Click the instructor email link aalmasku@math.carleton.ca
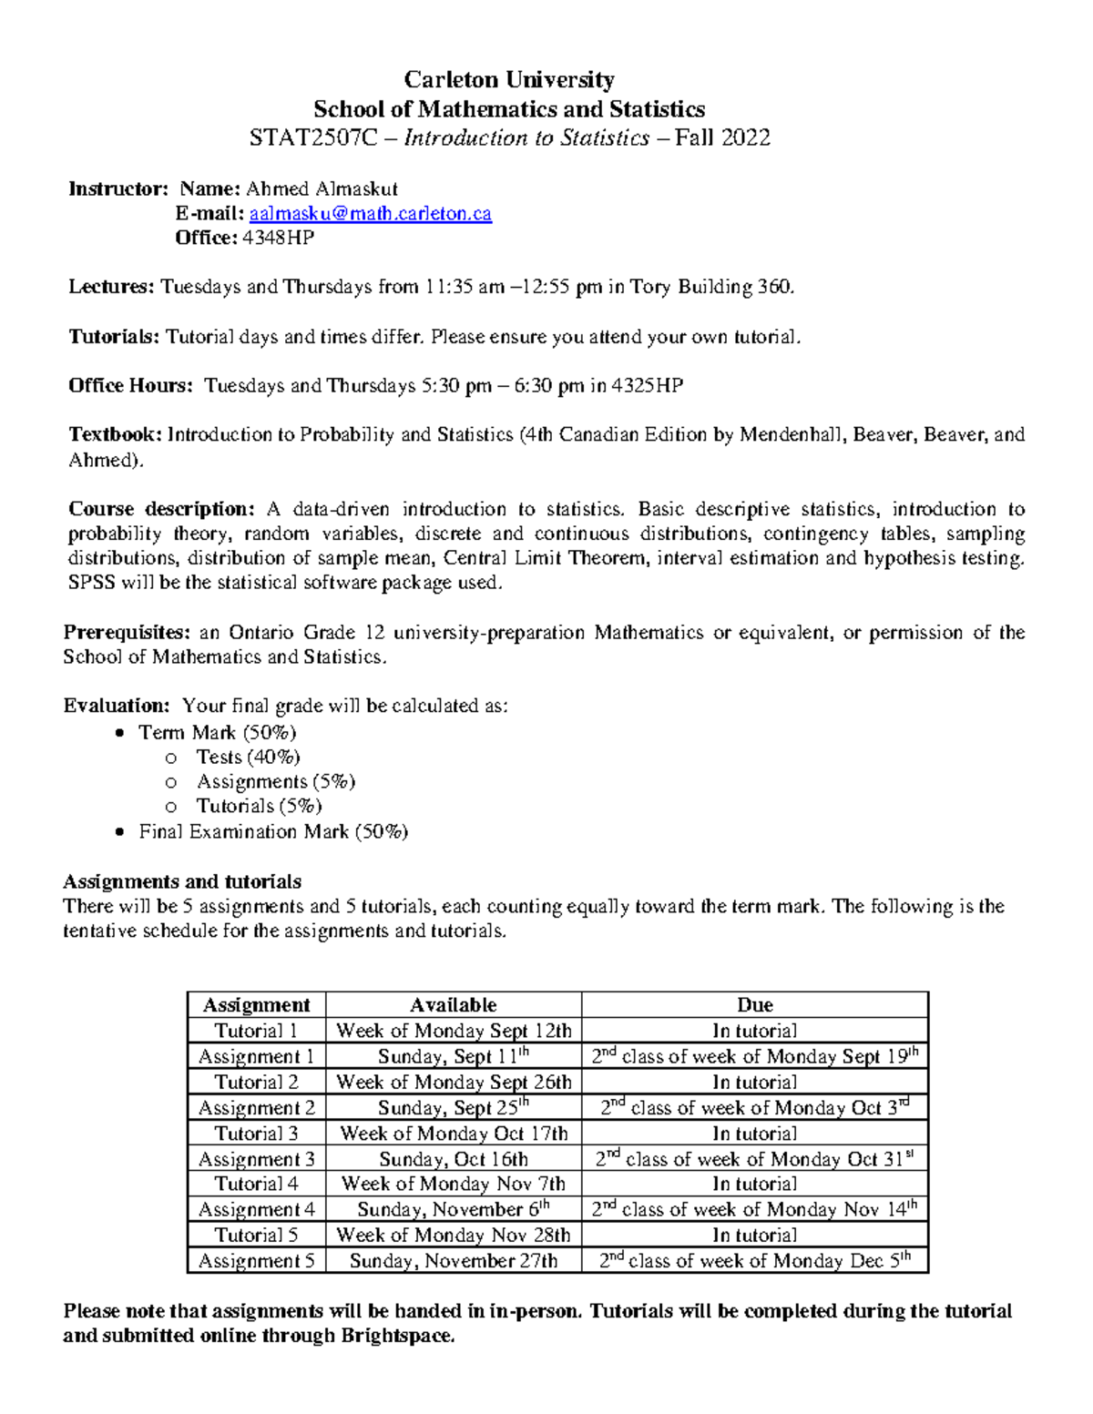pos(370,213)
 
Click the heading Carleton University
pos(509,79)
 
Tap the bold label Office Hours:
pos(130,385)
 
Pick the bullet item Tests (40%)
pos(248,757)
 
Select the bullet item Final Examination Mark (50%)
pos(272,831)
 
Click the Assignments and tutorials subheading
pos(181,881)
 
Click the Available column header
pos(453,1005)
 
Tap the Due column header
pos(754,1005)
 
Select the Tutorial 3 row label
pos(256,1134)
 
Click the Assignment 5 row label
pos(256,1261)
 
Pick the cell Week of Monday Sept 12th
pos(453,1031)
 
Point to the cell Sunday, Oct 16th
pos(453,1159)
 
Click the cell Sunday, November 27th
pos(453,1261)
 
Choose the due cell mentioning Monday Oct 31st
pos(754,1159)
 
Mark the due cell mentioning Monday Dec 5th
pos(754,1261)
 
